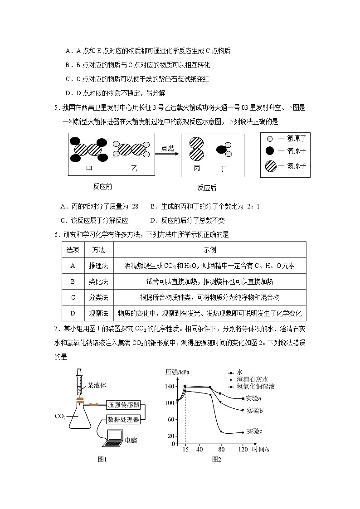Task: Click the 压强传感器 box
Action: pos(124,405)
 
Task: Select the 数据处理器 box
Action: pos(124,419)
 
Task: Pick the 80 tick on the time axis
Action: pos(221,450)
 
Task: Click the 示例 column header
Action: pos(209,250)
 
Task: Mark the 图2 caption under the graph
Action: pos(216,459)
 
